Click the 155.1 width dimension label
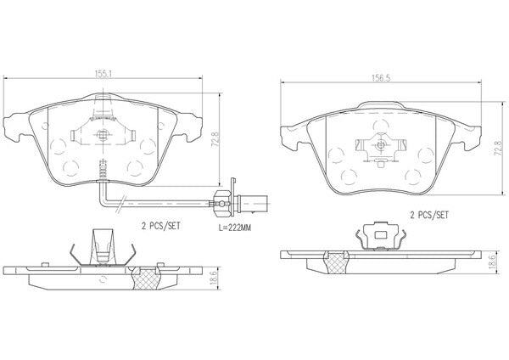tap(103, 74)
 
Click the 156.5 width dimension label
tap(380, 78)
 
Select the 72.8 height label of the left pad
tap(215, 140)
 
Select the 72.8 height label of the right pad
tap(498, 149)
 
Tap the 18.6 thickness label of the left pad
tap(214, 278)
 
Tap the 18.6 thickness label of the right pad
tap(492, 262)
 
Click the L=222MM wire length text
tap(235, 228)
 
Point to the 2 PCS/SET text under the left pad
tap(160, 226)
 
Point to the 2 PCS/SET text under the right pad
tap(429, 215)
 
